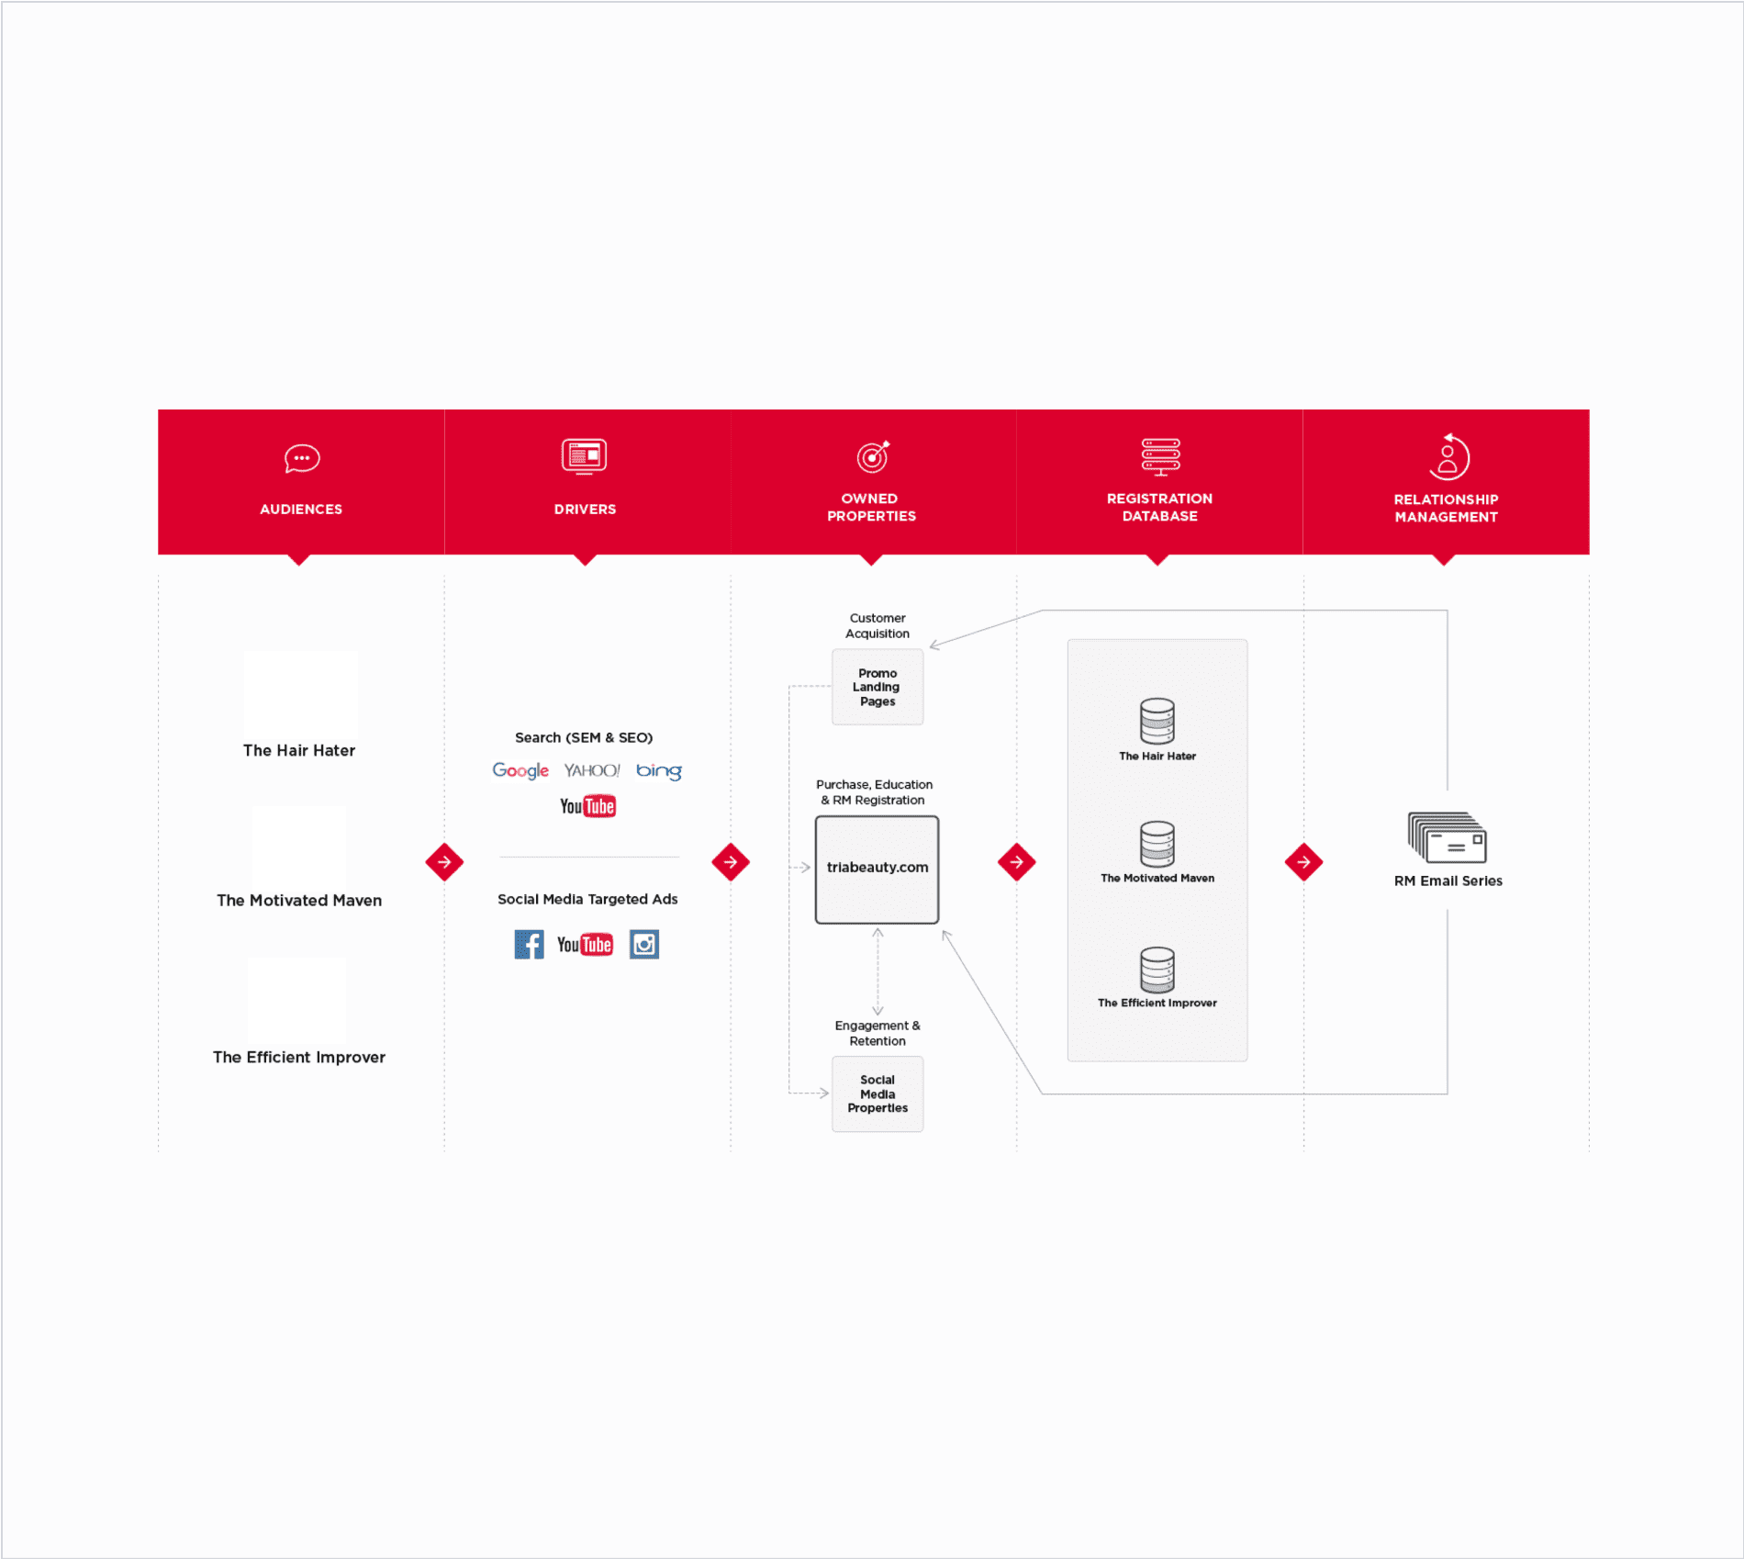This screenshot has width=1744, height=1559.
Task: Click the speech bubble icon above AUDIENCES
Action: pyautogui.click(x=302, y=458)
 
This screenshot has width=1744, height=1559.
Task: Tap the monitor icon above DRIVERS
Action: pyautogui.click(x=585, y=456)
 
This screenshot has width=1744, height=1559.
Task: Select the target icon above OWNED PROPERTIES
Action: pyautogui.click(x=873, y=456)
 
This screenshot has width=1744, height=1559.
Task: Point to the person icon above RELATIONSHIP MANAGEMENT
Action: pyautogui.click(x=1448, y=457)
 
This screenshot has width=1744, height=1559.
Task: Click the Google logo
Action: pyautogui.click(x=520, y=771)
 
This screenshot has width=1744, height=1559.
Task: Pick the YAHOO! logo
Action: pyautogui.click(x=592, y=770)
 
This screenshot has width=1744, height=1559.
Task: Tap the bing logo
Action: pyautogui.click(x=659, y=771)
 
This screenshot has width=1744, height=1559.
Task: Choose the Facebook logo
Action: pyautogui.click(x=529, y=944)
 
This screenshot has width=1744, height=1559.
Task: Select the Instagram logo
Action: pyautogui.click(x=644, y=944)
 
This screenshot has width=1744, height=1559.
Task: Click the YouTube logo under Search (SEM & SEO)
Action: pyautogui.click(x=587, y=806)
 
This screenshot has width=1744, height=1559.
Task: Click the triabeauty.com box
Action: pyautogui.click(x=878, y=869)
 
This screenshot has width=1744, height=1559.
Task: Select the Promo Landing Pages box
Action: pyautogui.click(x=878, y=687)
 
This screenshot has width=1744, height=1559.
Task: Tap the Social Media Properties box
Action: pyautogui.click(x=878, y=1094)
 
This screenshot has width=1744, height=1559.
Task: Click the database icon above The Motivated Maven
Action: pyautogui.click(x=1157, y=844)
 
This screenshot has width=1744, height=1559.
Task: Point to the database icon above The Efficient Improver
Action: pyautogui.click(x=1157, y=970)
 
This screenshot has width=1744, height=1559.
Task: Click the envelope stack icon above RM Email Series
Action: pyautogui.click(x=1448, y=837)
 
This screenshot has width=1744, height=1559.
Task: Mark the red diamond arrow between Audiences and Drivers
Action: pyautogui.click(x=444, y=862)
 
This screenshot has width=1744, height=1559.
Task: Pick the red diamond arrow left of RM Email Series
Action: pyautogui.click(x=1303, y=862)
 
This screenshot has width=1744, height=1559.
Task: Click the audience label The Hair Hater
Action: pyautogui.click(x=299, y=750)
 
